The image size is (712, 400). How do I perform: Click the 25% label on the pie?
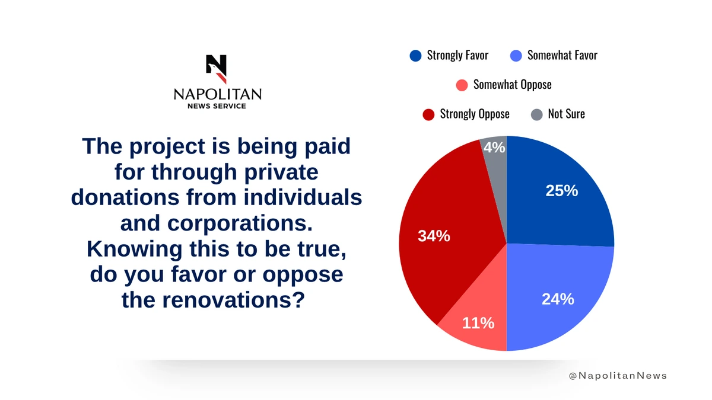[x=562, y=191]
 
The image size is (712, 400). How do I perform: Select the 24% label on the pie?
[x=558, y=299]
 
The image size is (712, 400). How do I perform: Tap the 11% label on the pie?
[x=478, y=323]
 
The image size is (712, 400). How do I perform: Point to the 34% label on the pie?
[x=434, y=236]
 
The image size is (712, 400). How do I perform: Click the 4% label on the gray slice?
[x=494, y=148]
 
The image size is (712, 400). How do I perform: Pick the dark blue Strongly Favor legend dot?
[x=415, y=56]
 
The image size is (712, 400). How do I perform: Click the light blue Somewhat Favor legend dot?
[x=516, y=56]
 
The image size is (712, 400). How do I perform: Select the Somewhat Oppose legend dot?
[x=462, y=85]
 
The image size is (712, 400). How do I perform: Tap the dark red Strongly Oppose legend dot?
[x=428, y=114]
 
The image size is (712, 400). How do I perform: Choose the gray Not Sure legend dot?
[x=537, y=114]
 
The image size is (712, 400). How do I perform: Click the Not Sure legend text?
[x=567, y=114]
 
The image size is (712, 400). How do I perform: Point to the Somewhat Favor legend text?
[x=562, y=55]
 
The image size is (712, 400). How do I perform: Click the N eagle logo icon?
[x=217, y=69]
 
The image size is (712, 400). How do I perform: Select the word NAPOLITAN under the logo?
[x=218, y=94]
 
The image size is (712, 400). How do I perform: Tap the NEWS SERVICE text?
[x=217, y=106]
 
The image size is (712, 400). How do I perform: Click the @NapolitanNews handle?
[x=618, y=376]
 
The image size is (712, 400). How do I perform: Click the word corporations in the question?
[x=240, y=224]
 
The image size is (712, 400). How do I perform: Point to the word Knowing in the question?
[x=135, y=249]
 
